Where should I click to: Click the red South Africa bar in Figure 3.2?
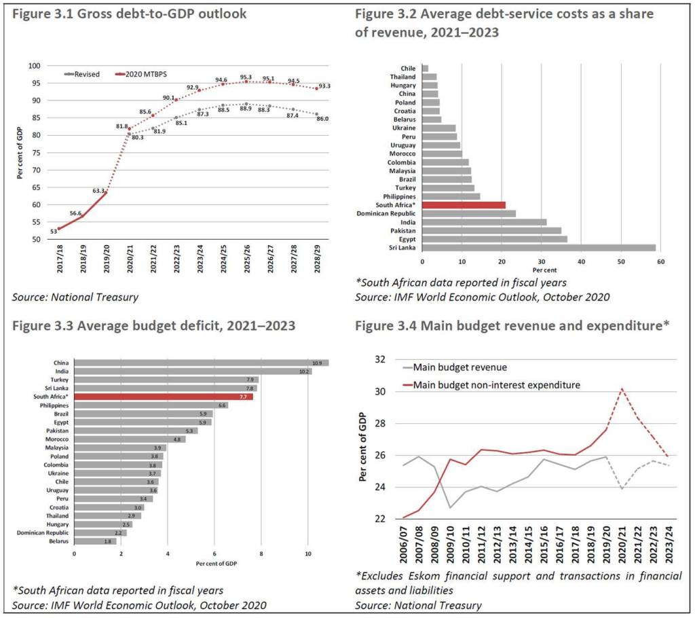pos(464,204)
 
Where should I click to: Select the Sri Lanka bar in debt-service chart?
pos(539,247)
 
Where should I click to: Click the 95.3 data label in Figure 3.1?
pos(246,77)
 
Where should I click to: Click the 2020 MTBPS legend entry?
pos(137,74)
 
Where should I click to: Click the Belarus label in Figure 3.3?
pos(58,541)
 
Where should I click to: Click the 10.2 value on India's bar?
pos(304,371)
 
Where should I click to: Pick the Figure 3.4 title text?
pos(512,325)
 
